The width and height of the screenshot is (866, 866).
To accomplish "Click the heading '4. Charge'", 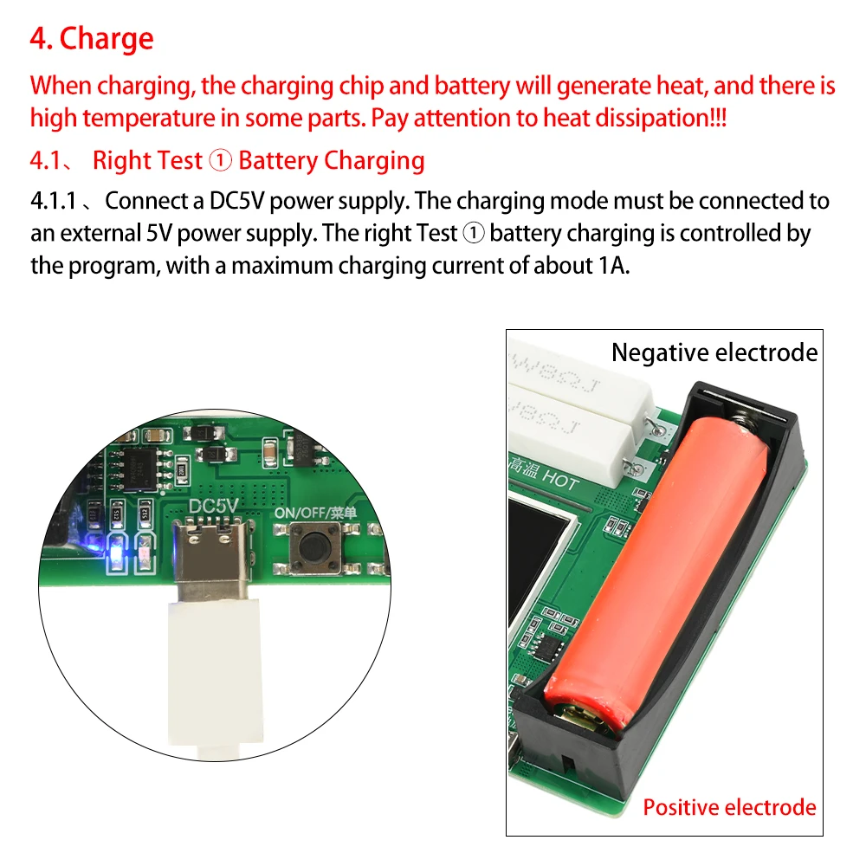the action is [x=92, y=39].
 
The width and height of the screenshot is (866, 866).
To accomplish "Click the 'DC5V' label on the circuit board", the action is [x=213, y=506].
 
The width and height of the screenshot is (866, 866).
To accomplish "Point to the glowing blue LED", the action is [x=117, y=553].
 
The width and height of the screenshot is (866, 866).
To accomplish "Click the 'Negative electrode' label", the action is [x=714, y=352].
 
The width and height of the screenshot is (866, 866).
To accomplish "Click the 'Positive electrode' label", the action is [x=729, y=807].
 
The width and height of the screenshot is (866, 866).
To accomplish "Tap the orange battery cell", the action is [x=656, y=574].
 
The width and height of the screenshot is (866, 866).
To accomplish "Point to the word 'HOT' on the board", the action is [x=560, y=478].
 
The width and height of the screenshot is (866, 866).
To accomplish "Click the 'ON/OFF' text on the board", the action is [x=301, y=513].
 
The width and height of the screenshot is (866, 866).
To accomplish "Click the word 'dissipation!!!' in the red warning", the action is [x=661, y=118].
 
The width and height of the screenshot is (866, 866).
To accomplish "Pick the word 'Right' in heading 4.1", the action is [x=118, y=161].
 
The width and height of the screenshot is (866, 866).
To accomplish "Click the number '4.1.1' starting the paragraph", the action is [x=53, y=201].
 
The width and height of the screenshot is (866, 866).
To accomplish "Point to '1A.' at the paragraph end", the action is [x=614, y=266].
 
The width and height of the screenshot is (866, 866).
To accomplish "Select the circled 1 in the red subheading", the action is [x=220, y=161].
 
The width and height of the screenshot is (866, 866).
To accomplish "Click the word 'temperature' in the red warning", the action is [x=149, y=119].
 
